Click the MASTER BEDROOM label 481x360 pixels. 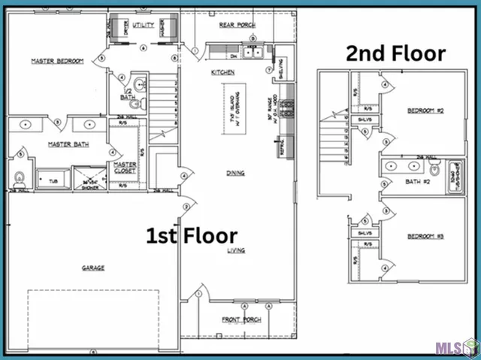pyautogui.click(x=56, y=61)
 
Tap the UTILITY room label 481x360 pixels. pyautogui.click(x=144, y=25)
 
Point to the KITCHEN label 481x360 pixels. pyautogui.click(x=223, y=72)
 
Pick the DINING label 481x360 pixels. pyautogui.click(x=235, y=173)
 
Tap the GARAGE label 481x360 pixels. pyautogui.click(x=93, y=268)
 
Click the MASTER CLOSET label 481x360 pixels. pyautogui.click(x=125, y=168)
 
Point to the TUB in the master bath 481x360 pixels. pyautogui.click(x=53, y=180)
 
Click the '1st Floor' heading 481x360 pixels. pyautogui.click(x=191, y=236)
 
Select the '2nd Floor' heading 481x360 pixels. pyautogui.click(x=395, y=54)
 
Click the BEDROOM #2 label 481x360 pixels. pyautogui.click(x=426, y=110)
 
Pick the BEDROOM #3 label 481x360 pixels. pyautogui.click(x=426, y=237)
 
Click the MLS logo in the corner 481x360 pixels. pyautogui.click(x=455, y=346)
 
